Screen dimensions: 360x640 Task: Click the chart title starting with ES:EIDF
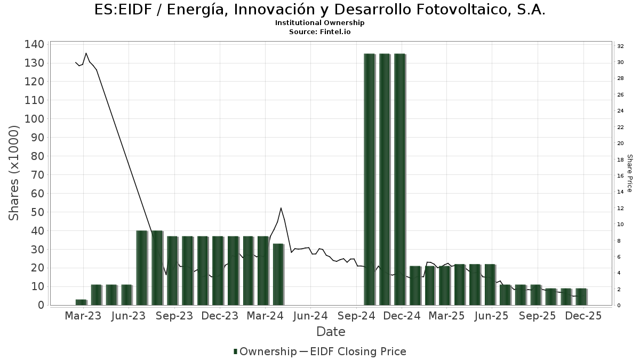coord(320,10)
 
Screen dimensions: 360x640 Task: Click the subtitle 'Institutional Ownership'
coord(320,23)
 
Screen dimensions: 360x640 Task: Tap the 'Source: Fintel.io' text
coord(320,31)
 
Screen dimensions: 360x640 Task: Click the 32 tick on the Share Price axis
coord(620,46)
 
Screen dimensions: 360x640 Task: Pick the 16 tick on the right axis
coord(620,176)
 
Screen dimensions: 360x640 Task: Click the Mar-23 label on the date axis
coord(83,316)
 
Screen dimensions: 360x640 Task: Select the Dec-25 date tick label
coord(583,316)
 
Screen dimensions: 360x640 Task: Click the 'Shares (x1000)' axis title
coord(14,173)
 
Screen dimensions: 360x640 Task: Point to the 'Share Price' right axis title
coord(629,173)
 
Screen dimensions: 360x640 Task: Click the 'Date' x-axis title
coord(331,332)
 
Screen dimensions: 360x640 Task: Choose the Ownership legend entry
coord(265,351)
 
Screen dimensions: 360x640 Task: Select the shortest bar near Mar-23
coord(81,302)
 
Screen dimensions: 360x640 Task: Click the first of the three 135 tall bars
coord(370,179)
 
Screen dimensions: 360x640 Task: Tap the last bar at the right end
coord(581,297)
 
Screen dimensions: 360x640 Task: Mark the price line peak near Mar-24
coord(281,208)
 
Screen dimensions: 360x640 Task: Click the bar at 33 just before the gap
coord(278,274)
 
